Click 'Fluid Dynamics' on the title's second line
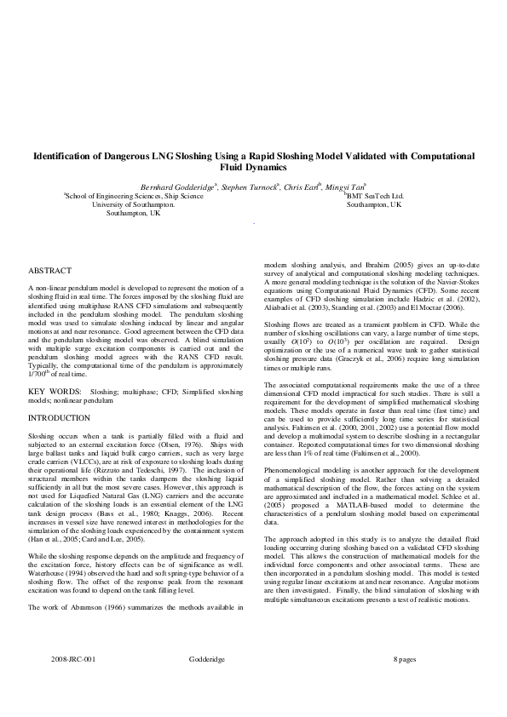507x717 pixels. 253,169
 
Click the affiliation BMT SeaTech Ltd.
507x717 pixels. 375,196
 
